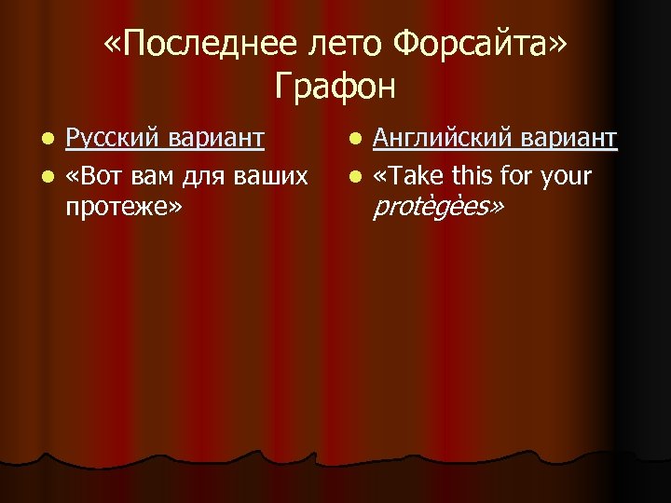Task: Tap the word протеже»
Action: point(124,206)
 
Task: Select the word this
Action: point(475,174)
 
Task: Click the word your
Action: point(570,174)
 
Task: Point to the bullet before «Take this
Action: point(356,175)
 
